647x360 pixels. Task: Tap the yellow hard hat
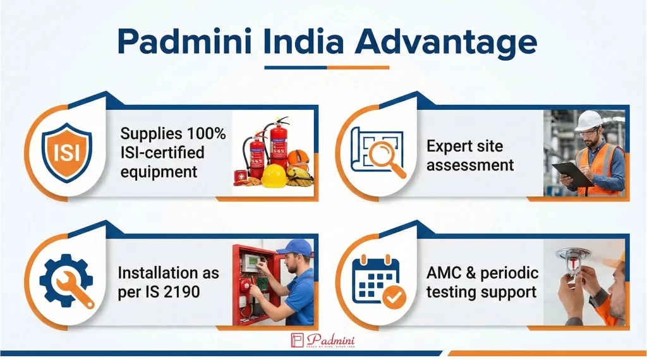(274, 176)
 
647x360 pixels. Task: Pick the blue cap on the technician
(295, 247)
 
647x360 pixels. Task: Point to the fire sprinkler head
(573, 259)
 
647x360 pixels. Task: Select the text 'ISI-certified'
(162, 152)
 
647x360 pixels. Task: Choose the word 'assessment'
(470, 165)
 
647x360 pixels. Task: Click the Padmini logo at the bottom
(323, 340)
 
